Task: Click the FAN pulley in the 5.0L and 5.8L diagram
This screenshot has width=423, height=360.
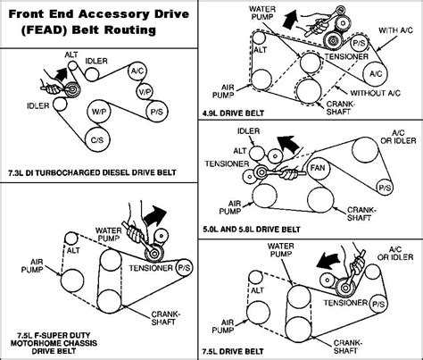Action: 318,169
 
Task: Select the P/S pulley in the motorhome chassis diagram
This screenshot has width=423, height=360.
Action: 184,268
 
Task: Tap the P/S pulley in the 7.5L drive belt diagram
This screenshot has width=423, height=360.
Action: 378,305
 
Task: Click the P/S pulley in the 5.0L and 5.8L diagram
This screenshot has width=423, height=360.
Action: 385,188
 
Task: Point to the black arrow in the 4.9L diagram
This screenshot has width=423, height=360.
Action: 289,19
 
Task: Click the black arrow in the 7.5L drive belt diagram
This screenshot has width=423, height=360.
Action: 328,261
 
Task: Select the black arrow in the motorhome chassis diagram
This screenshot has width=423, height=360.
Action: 154,215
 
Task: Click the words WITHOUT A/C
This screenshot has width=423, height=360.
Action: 376,93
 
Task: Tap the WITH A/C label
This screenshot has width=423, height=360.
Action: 395,30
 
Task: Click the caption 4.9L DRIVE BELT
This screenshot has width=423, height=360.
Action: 233,113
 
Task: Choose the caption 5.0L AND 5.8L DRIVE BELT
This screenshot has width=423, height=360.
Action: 252,230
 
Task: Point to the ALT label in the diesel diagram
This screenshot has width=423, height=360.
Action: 71,55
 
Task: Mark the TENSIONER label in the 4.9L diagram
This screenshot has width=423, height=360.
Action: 346,56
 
